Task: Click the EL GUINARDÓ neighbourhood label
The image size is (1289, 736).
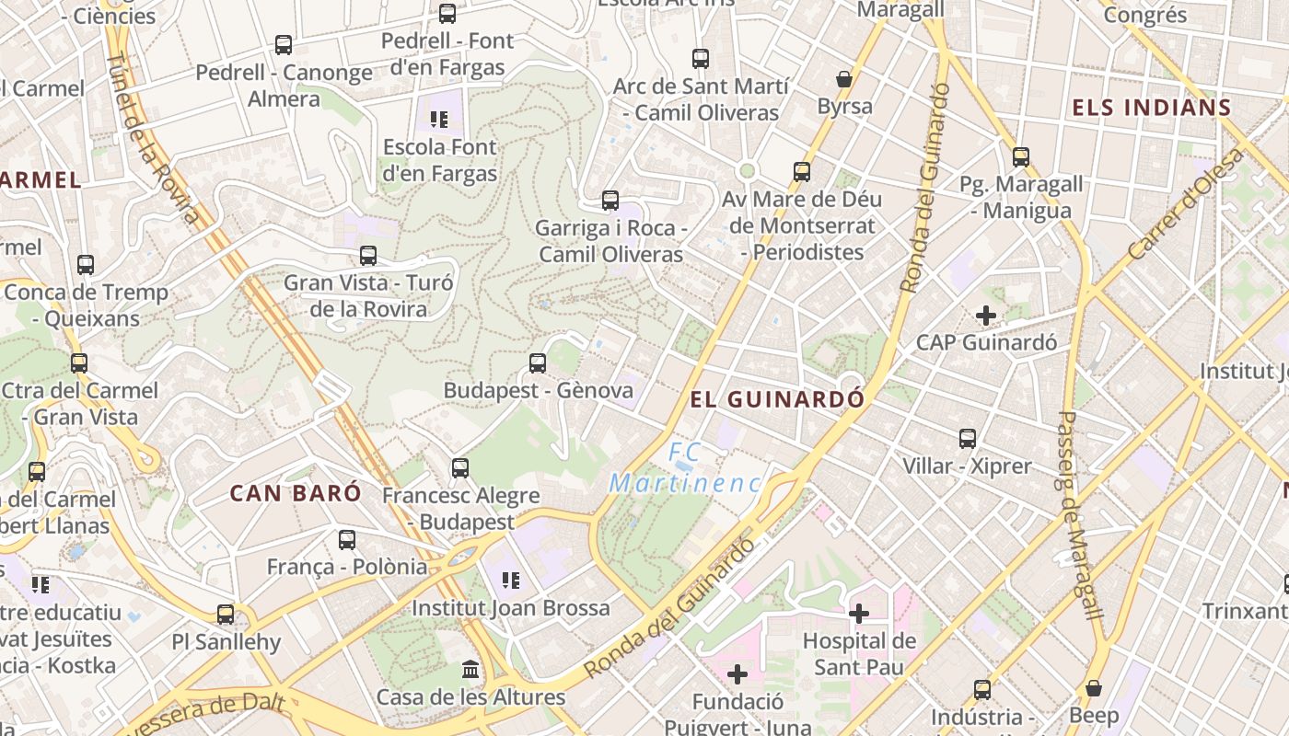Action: pos(778,399)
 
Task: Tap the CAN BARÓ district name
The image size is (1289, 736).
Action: pos(296,493)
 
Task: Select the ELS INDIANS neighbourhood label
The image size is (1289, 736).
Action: pos(1151,108)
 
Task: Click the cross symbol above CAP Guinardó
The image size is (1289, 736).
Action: pos(986,316)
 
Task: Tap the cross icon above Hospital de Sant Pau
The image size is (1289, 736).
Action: pos(859,613)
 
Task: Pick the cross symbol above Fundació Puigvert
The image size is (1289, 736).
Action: pos(737,675)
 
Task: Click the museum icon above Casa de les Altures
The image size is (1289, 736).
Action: pos(470,669)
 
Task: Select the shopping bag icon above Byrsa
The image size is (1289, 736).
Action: pos(844,79)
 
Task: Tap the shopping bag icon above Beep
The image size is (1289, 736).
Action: pos(1094,688)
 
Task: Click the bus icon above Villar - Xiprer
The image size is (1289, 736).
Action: pos(968,439)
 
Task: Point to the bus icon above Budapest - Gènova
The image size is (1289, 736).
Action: pos(538,363)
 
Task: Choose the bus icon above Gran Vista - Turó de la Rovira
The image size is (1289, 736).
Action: pos(368,256)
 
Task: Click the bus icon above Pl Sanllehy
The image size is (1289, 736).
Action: pos(226,614)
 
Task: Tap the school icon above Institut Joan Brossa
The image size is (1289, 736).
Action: pos(510,581)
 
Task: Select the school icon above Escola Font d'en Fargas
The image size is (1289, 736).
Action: pos(439,120)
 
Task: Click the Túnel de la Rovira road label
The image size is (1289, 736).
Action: pos(153,138)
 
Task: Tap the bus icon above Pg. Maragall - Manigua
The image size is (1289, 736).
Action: pos(1020,157)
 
